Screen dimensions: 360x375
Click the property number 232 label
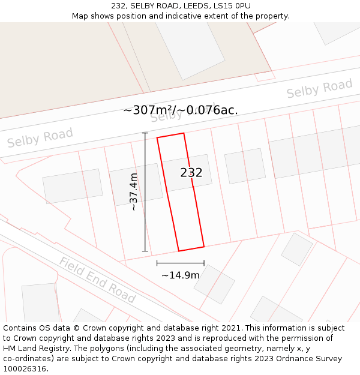[191, 173]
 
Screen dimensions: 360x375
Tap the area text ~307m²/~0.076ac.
[180, 110]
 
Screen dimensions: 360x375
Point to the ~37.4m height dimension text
[134, 191]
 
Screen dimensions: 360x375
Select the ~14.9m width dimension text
[181, 275]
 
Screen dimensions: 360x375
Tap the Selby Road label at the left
[40, 138]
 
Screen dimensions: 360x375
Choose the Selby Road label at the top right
[319, 88]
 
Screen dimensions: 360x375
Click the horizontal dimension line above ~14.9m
[181, 263]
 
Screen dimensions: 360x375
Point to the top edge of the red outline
[170, 136]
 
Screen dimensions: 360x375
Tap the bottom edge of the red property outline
[191, 248]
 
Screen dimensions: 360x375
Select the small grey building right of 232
[245, 166]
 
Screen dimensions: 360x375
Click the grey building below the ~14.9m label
[214, 284]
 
